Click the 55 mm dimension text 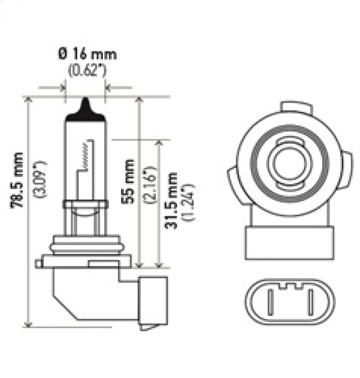click(128, 180)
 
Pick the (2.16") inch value click(151, 180)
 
